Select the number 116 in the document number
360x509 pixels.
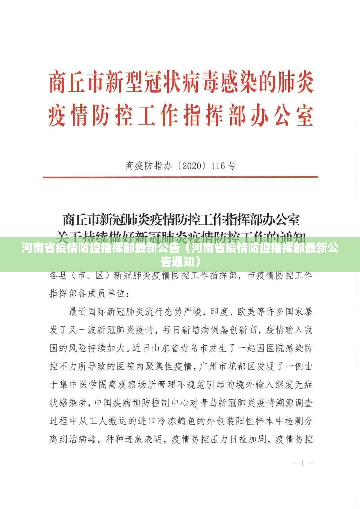218,166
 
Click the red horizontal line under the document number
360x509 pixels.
180,177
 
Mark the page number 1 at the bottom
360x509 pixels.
303,463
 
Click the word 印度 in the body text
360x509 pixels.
220,312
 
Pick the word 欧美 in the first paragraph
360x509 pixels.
246,312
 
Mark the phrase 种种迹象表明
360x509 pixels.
133,439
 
